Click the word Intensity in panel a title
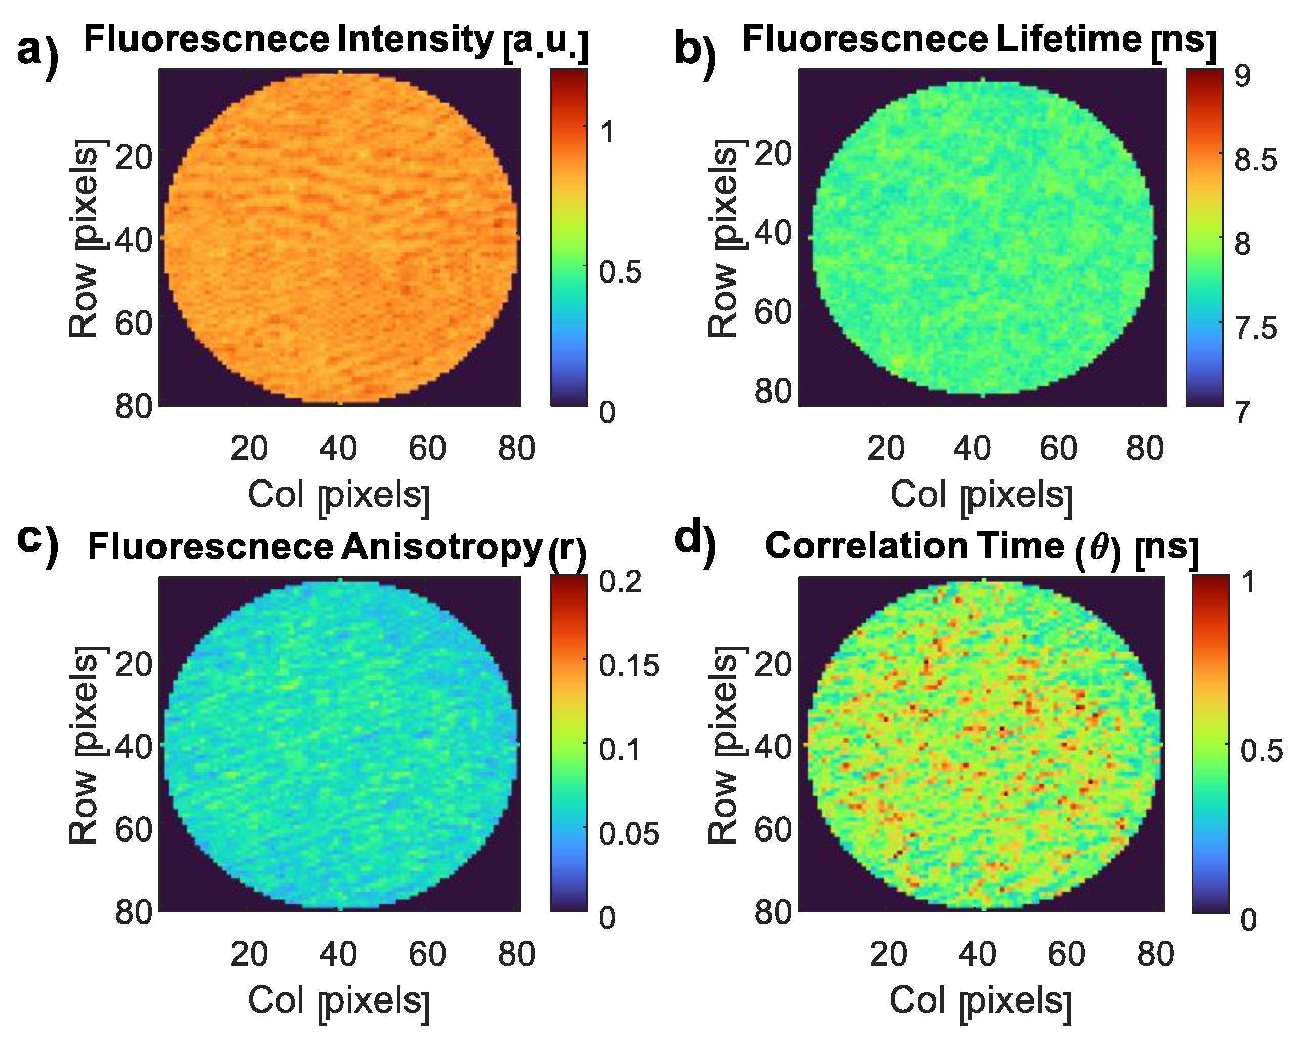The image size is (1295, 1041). click(415, 39)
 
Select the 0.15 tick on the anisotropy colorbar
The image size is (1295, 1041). click(628, 666)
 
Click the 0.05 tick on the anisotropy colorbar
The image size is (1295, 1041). click(628, 833)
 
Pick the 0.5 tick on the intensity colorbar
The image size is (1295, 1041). click(620, 271)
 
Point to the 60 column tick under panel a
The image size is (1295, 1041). click(427, 449)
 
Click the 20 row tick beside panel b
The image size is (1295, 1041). click(773, 154)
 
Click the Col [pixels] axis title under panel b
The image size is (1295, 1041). click(981, 496)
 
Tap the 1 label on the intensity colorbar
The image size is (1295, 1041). click(608, 132)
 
